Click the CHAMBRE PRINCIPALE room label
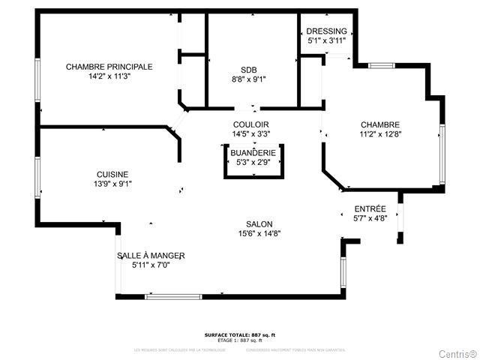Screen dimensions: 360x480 click(109, 67)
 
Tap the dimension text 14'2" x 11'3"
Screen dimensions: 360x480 click(109, 76)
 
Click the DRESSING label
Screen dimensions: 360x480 click(326, 31)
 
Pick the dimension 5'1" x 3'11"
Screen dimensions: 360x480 click(326, 40)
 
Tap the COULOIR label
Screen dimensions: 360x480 click(250, 124)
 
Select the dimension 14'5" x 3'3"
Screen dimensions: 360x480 click(250, 134)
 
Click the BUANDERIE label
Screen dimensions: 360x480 click(253, 152)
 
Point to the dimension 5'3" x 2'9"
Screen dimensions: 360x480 click(253, 162)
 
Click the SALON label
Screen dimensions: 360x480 click(259, 224)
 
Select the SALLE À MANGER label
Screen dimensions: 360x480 click(151, 256)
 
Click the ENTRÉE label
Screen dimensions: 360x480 click(370, 209)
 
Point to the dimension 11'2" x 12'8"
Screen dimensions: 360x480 click(379, 135)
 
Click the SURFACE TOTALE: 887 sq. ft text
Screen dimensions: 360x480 click(244, 334)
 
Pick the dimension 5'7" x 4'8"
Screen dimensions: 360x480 click(370, 219)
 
